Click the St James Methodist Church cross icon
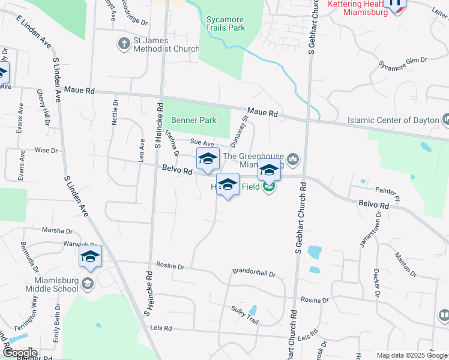tap(124, 44)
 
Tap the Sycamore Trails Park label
tap(226, 23)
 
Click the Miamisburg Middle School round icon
tap(88, 283)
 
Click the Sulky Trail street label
tap(245, 317)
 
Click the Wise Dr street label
tap(46, 150)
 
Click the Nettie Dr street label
tap(115, 112)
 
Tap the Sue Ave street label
tap(202, 143)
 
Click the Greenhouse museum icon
tap(293, 159)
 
